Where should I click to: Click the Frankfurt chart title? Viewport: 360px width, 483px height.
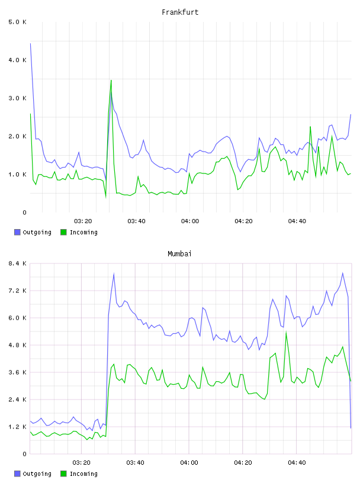pyautogui.click(x=180, y=12)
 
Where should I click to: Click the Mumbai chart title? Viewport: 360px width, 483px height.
pyautogui.click(x=179, y=254)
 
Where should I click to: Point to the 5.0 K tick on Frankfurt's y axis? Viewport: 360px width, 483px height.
pyautogui.click(x=18, y=22)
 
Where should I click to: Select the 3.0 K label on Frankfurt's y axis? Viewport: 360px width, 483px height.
pyautogui.click(x=18, y=98)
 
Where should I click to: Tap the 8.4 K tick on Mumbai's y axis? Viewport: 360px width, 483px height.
pyautogui.click(x=18, y=263)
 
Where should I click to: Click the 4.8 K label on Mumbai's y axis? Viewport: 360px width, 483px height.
pyautogui.click(x=18, y=345)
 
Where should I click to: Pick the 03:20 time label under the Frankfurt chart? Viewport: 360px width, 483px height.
pyautogui.click(x=83, y=221)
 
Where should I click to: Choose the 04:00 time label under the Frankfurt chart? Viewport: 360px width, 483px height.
pyautogui.click(x=190, y=221)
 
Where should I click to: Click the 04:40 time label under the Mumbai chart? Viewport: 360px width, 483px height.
pyautogui.click(x=297, y=463)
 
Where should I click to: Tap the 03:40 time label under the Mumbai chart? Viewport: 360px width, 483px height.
pyautogui.click(x=136, y=463)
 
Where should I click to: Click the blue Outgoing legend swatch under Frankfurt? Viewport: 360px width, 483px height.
pyautogui.click(x=17, y=232)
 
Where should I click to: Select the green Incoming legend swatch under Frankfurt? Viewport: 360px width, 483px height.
pyautogui.click(x=63, y=232)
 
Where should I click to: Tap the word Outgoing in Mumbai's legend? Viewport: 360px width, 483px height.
pyautogui.click(x=37, y=474)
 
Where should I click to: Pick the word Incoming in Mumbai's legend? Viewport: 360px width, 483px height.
pyautogui.click(x=83, y=474)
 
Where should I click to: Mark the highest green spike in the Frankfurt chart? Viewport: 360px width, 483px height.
pyautogui.click(x=111, y=80)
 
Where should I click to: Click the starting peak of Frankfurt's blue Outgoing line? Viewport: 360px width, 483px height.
pyautogui.click(x=31, y=44)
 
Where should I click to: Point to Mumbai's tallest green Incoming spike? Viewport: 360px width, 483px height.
pyautogui.click(x=287, y=332)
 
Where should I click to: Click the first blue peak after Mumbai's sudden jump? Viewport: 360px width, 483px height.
pyautogui.click(x=114, y=273)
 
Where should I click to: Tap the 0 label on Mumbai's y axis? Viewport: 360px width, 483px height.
pyautogui.click(x=24, y=454)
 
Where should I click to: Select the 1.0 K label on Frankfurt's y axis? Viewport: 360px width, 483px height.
pyautogui.click(x=18, y=175)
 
